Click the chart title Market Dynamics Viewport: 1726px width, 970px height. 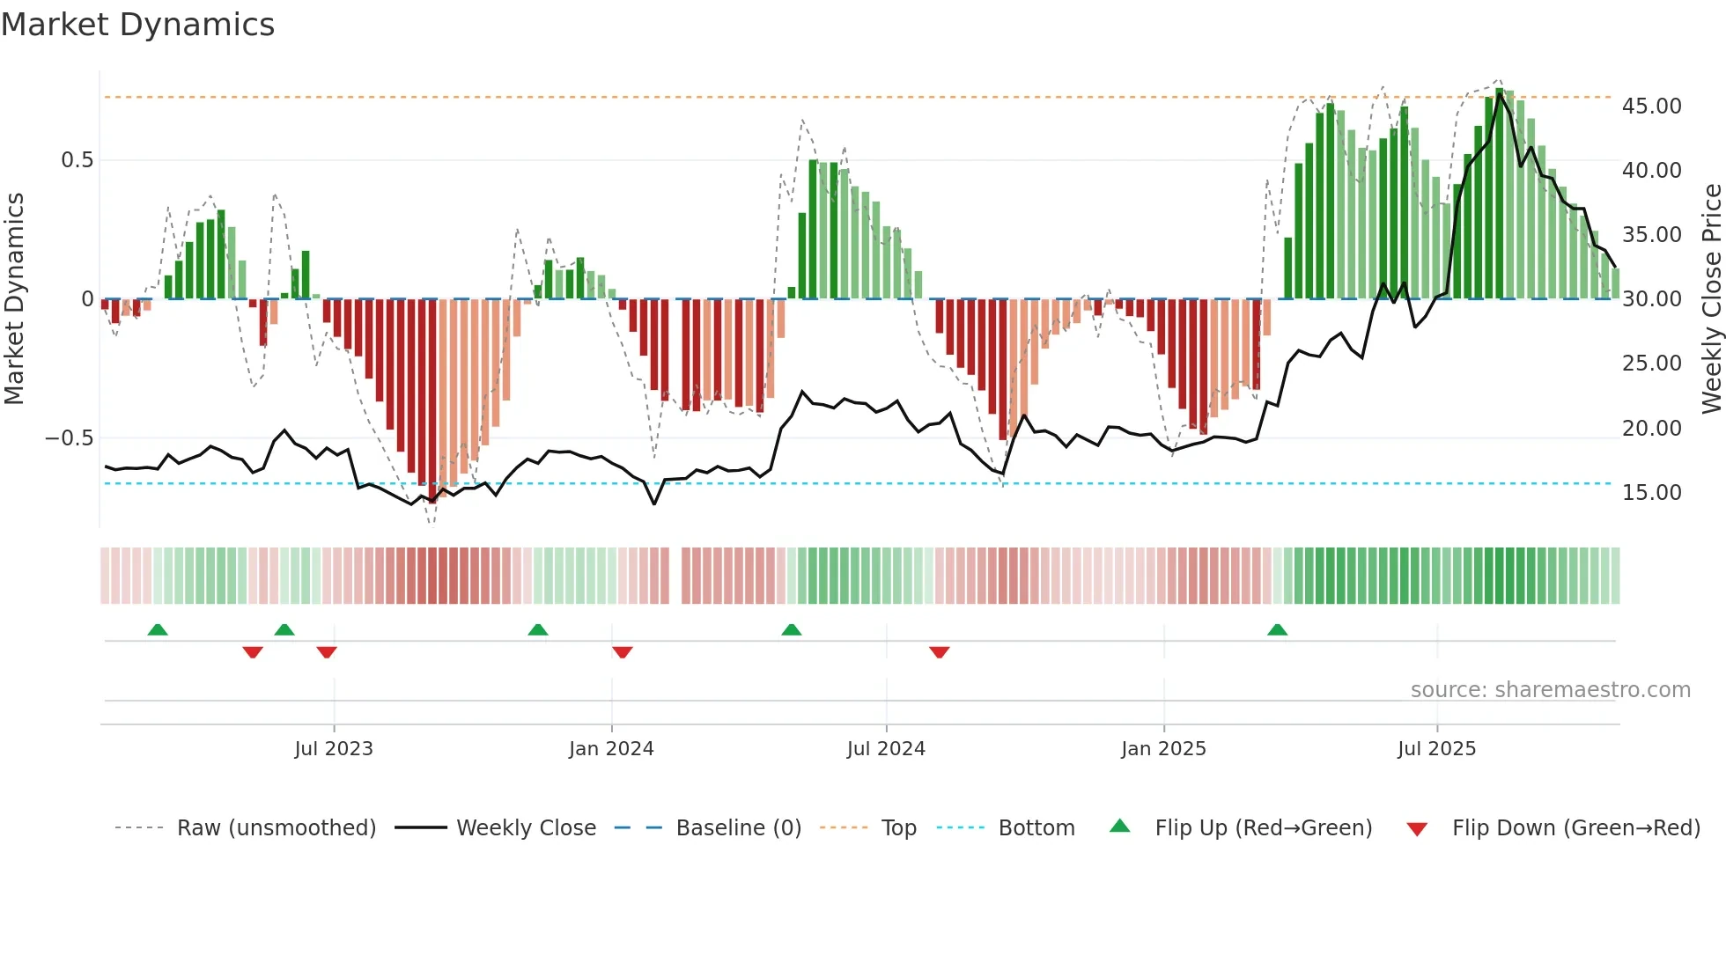(137, 25)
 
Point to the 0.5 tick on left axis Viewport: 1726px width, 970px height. (77, 160)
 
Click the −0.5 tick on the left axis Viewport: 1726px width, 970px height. (69, 438)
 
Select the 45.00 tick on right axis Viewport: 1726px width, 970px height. (1651, 107)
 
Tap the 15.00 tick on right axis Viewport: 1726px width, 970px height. (1651, 493)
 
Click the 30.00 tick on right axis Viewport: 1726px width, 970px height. (1651, 299)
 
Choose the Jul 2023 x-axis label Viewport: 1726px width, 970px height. (334, 749)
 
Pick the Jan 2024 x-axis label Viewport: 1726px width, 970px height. (611, 749)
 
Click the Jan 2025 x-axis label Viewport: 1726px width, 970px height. (1163, 749)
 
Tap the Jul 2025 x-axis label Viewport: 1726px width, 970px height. (1436, 749)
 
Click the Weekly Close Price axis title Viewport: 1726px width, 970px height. (1711, 299)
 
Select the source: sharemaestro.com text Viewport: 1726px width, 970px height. (1550, 690)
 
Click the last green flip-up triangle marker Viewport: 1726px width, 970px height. (1277, 629)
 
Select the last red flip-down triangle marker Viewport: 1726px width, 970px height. (939, 652)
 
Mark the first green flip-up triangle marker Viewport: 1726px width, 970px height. (158, 629)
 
